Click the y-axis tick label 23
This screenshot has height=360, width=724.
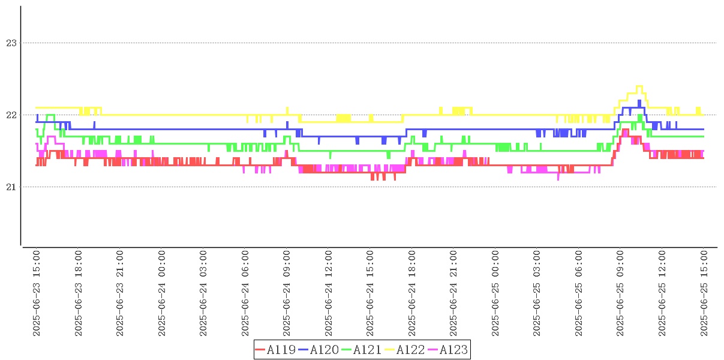click(x=11, y=43)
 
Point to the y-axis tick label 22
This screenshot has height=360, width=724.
click(x=11, y=115)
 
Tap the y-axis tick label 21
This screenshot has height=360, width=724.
click(x=11, y=187)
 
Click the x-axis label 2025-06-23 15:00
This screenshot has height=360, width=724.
click(x=37, y=293)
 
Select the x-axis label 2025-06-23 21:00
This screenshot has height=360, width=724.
click(x=120, y=293)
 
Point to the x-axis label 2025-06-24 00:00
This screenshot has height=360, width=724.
click(x=162, y=293)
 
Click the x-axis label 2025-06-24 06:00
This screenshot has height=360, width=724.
click(x=245, y=293)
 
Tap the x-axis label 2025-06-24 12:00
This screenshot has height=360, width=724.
click(x=329, y=293)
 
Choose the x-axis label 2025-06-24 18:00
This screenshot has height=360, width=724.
click(x=412, y=293)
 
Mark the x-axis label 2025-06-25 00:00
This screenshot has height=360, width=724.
click(x=495, y=293)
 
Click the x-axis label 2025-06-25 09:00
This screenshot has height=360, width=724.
click(x=621, y=293)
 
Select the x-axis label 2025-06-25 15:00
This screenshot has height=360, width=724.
click(x=704, y=293)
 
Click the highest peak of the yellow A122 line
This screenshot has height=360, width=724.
click(x=639, y=86)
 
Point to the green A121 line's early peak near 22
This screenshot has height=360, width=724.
click(x=50, y=115)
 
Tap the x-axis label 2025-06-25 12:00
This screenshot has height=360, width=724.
click(x=662, y=293)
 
